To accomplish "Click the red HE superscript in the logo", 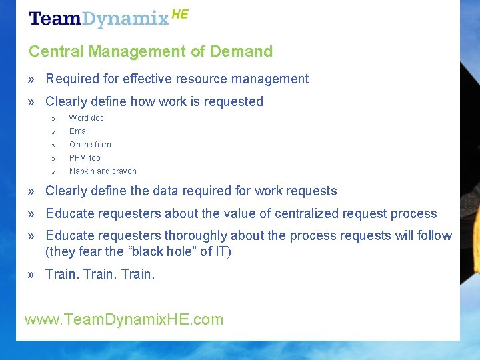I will click(x=180, y=14).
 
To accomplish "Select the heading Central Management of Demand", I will click(x=151, y=51).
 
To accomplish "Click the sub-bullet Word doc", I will click(x=87, y=118).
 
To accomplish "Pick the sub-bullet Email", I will click(x=79, y=131).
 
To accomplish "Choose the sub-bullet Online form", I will click(x=90, y=145).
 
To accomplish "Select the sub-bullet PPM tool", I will click(x=85, y=158).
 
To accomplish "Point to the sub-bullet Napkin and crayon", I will click(x=103, y=171).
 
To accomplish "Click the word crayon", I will click(x=124, y=171).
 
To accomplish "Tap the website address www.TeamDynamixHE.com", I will click(x=124, y=319).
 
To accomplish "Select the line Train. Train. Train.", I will click(x=100, y=274).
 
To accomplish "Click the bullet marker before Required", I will click(x=32, y=79).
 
